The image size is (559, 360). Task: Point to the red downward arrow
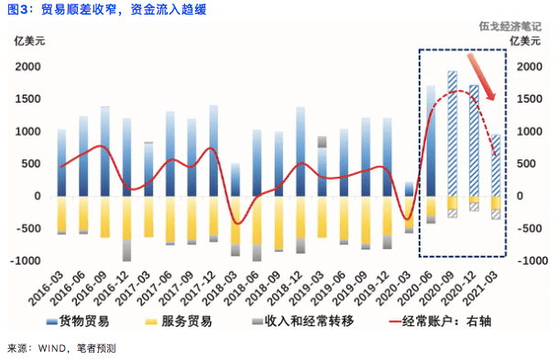pyautogui.click(x=482, y=77)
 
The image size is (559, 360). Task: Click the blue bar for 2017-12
pyautogui.click(x=213, y=151)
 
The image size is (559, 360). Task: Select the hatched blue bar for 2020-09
pyautogui.click(x=452, y=133)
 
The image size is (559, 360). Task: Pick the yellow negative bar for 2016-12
pyautogui.click(x=126, y=217)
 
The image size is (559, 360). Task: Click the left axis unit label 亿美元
pyautogui.click(x=27, y=41)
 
